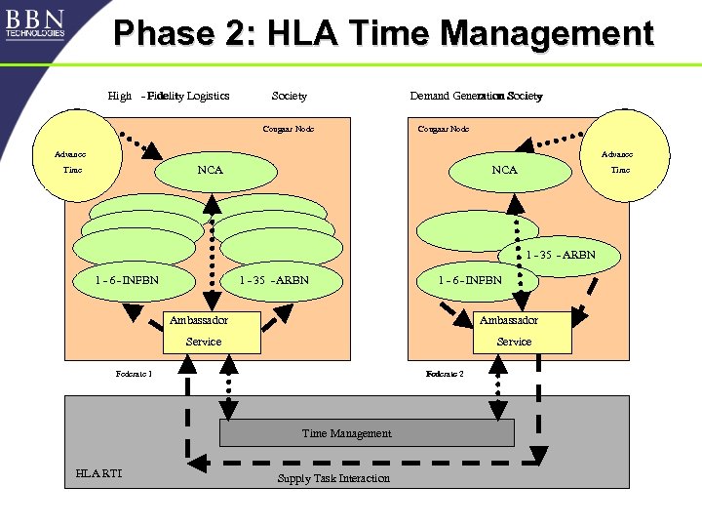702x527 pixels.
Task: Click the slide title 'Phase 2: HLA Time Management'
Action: coord(383,33)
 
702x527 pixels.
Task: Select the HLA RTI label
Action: coord(98,474)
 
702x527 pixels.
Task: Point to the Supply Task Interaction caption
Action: coord(333,478)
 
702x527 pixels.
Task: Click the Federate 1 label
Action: coord(134,373)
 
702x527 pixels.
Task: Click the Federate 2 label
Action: coord(445,373)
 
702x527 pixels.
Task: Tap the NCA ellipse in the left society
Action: coord(211,171)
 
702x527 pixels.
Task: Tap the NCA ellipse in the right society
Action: coord(504,171)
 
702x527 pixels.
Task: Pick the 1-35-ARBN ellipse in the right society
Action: coord(562,257)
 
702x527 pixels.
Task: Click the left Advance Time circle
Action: coord(72,162)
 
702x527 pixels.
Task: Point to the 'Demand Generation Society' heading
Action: coord(476,96)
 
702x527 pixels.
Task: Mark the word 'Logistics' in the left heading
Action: coord(208,96)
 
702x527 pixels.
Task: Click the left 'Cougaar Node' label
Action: coord(289,129)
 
